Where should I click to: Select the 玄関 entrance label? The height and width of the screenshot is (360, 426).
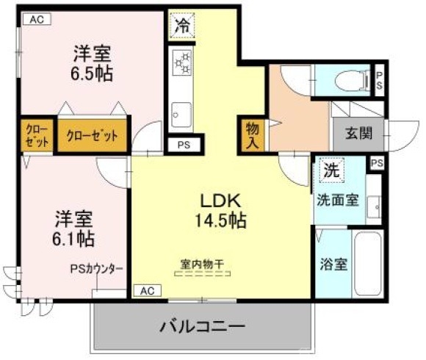point(358,135)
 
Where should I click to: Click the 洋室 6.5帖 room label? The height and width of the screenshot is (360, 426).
point(91,63)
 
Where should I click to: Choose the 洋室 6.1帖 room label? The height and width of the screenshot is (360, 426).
point(74,228)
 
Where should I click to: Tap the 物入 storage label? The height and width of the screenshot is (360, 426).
point(251,135)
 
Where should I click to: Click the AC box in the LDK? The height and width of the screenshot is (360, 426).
point(148,291)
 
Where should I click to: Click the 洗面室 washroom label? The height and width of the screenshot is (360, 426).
point(337,199)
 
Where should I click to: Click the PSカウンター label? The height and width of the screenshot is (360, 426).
point(97,270)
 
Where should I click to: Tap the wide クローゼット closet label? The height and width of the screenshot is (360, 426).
point(93,135)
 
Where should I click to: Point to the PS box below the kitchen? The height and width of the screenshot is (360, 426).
point(182,145)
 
